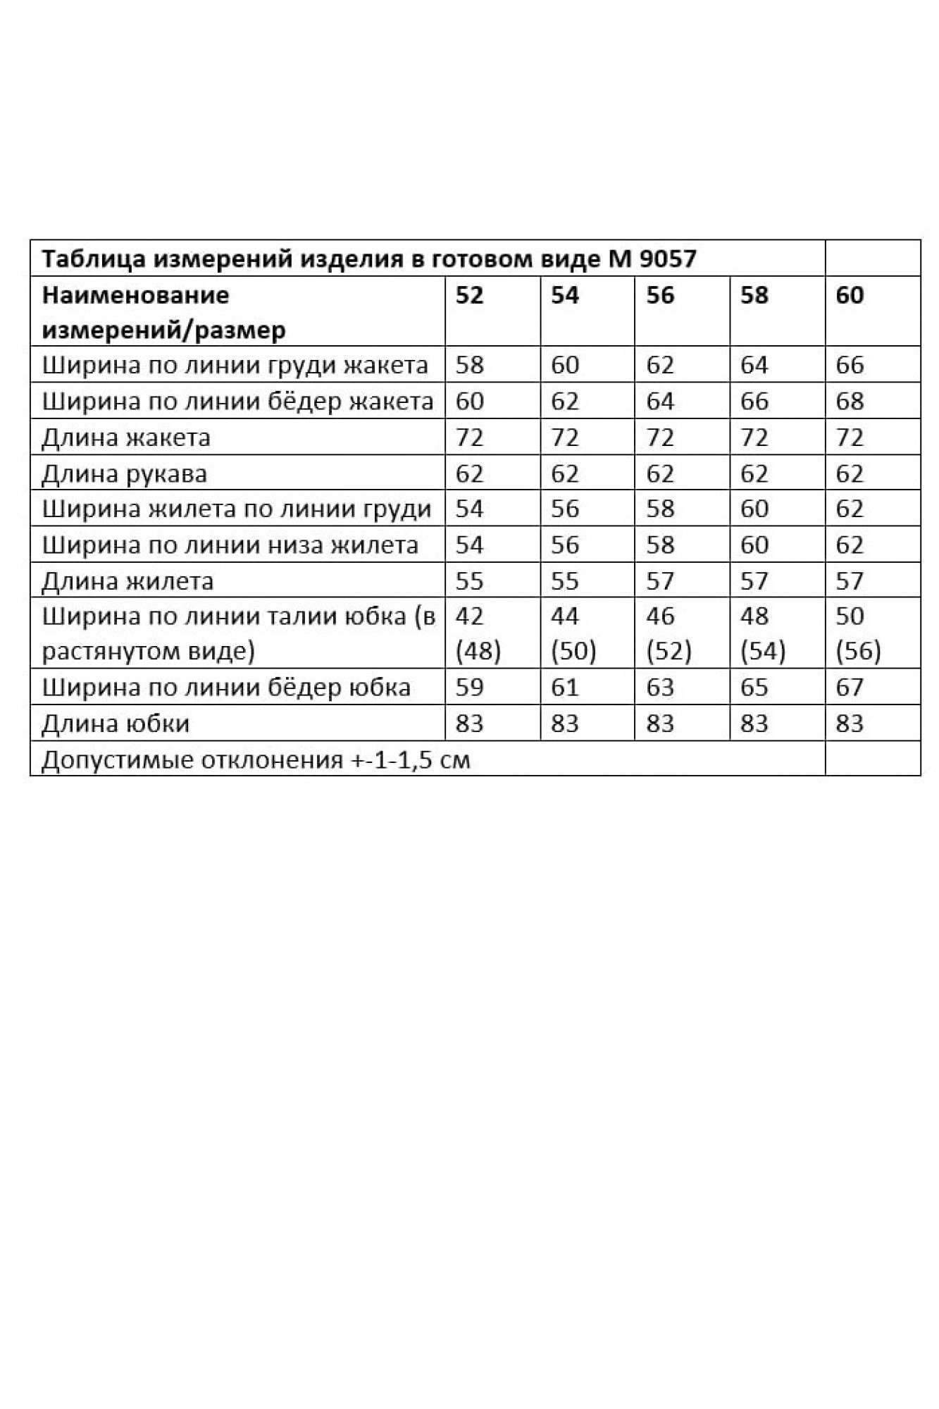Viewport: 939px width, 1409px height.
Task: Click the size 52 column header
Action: click(470, 295)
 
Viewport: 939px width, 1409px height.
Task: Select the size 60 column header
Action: click(850, 295)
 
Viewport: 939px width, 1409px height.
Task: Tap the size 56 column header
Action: click(660, 295)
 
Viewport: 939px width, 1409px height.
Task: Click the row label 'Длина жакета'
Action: click(126, 437)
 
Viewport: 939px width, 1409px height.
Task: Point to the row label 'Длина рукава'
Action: click(124, 473)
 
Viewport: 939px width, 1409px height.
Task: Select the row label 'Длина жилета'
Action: click(128, 581)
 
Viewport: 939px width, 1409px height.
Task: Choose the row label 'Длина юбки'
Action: click(116, 724)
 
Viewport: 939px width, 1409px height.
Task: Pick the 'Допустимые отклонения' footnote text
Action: click(256, 760)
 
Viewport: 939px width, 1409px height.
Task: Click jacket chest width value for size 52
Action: click(470, 365)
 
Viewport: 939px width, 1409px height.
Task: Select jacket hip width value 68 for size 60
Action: click(850, 401)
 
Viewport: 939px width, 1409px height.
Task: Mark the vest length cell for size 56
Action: click(660, 581)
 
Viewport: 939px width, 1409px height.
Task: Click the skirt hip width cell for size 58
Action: click(754, 687)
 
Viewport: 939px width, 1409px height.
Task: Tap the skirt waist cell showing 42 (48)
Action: click(478, 633)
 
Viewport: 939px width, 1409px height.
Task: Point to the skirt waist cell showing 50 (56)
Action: click(857, 633)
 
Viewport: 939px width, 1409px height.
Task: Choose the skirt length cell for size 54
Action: click(565, 724)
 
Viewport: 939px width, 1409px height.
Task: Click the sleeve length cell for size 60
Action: click(850, 473)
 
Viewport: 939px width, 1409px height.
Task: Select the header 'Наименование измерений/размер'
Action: click(163, 312)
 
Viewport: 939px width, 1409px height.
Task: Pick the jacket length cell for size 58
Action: click(754, 437)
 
